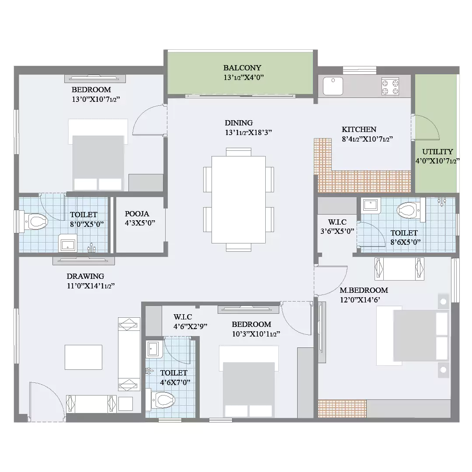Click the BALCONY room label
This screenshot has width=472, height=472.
tap(242, 68)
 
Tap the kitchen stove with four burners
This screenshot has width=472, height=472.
tap(390, 87)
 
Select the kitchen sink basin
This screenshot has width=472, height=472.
tap(333, 86)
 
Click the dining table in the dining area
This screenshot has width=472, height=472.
tap(239, 199)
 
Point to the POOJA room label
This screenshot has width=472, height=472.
tap(137, 214)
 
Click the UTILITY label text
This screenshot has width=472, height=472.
tap(437, 152)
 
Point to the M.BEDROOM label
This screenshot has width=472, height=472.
tap(364, 290)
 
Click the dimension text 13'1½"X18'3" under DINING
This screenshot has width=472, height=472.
tap(248, 132)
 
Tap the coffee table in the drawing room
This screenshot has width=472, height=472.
tap(83, 357)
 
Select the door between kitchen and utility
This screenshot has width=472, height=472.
tap(426, 128)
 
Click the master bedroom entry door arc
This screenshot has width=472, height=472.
tap(331, 281)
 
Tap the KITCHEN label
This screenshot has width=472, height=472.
tap(359, 129)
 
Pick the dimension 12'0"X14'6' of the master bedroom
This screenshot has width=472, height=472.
tap(360, 300)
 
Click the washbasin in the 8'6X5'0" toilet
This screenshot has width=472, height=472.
tap(370, 205)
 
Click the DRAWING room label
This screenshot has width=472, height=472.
tap(86, 276)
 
